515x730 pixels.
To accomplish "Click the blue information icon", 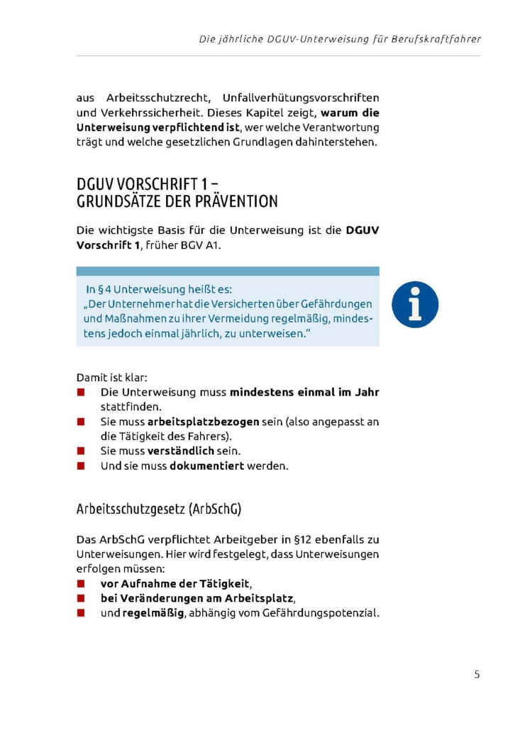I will [x=415, y=304].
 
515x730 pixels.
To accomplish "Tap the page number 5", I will [x=477, y=674].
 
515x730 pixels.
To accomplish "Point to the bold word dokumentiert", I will [x=206, y=466].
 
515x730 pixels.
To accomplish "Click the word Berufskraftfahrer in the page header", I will [x=436, y=39].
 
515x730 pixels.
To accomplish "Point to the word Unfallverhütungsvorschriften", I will [x=301, y=98].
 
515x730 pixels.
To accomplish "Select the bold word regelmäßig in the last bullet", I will [x=154, y=613].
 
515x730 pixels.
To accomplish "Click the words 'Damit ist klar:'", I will [x=112, y=378].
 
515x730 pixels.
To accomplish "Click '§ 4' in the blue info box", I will [x=104, y=289].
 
